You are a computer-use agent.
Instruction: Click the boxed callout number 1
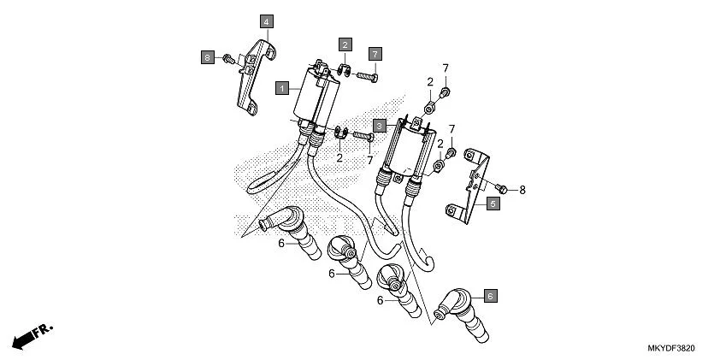280,87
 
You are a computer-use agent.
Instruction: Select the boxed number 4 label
266,20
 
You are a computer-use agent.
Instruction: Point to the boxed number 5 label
493,204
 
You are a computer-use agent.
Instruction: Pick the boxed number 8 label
206,57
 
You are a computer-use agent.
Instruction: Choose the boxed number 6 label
489,295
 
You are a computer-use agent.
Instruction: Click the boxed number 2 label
345,44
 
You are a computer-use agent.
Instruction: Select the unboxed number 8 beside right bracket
523,189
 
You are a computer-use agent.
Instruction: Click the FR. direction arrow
31,335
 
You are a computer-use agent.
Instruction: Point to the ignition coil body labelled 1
314,96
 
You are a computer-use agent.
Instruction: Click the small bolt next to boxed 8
229,59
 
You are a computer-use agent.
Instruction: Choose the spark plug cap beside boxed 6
457,310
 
